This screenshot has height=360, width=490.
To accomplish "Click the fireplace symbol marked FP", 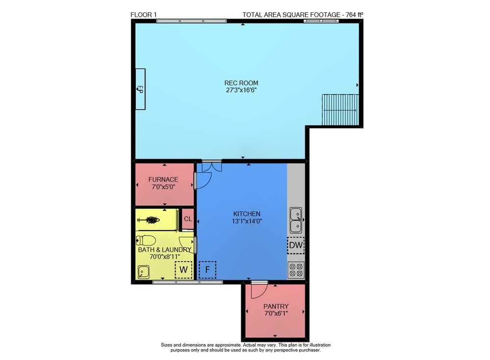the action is click(x=140, y=89).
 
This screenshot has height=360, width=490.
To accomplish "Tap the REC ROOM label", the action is click(x=241, y=83).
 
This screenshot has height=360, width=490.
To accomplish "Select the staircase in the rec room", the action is click(x=341, y=109).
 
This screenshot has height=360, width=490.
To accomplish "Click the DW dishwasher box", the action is click(x=295, y=245).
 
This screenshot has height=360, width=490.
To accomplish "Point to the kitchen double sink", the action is click(x=295, y=220).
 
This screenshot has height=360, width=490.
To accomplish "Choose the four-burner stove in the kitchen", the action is click(x=295, y=270).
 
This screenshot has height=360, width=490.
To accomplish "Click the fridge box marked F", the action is click(x=207, y=270).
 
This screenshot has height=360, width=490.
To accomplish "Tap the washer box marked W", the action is click(x=183, y=270).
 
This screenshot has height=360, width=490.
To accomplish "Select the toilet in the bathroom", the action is click(x=146, y=240).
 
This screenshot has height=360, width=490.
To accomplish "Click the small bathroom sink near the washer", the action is click(x=144, y=272).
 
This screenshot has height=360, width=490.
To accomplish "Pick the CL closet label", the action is click(x=188, y=219).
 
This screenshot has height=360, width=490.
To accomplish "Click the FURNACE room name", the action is click(x=163, y=179).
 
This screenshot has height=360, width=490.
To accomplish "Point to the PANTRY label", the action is click(x=276, y=306).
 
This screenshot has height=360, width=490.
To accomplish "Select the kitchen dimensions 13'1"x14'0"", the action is click(x=247, y=221).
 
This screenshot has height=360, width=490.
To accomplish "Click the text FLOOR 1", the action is click(x=144, y=15).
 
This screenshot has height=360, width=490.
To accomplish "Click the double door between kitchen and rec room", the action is click(x=212, y=166).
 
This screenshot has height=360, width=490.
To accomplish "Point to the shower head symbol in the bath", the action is click(x=149, y=220).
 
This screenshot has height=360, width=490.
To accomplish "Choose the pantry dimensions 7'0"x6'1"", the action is click(x=276, y=313).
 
